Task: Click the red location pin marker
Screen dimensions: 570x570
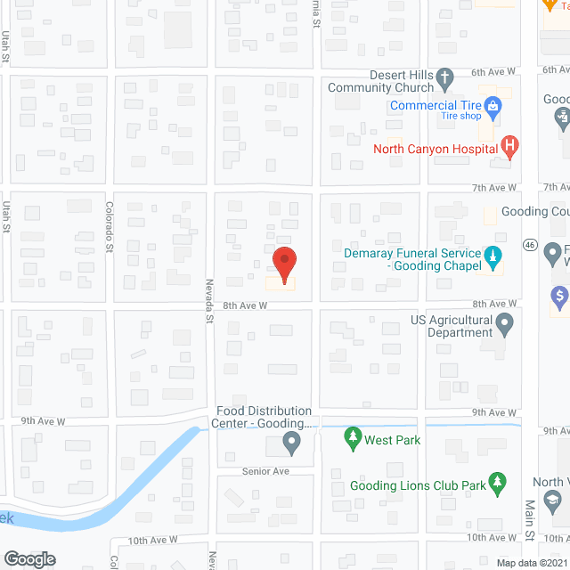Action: pyautogui.click(x=283, y=264)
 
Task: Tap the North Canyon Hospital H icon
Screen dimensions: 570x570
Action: pyautogui.click(x=509, y=145)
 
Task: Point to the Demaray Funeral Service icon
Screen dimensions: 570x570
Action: pyautogui.click(x=493, y=258)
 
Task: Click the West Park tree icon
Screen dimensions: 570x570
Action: pyautogui.click(x=353, y=439)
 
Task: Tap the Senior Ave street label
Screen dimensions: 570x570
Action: pyautogui.click(x=265, y=470)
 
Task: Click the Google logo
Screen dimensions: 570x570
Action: pyautogui.click(x=29, y=558)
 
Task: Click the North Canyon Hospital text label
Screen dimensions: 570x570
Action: pyautogui.click(x=436, y=149)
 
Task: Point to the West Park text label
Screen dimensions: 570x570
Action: pyautogui.click(x=392, y=440)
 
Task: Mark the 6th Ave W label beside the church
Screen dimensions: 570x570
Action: pyautogui.click(x=493, y=72)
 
